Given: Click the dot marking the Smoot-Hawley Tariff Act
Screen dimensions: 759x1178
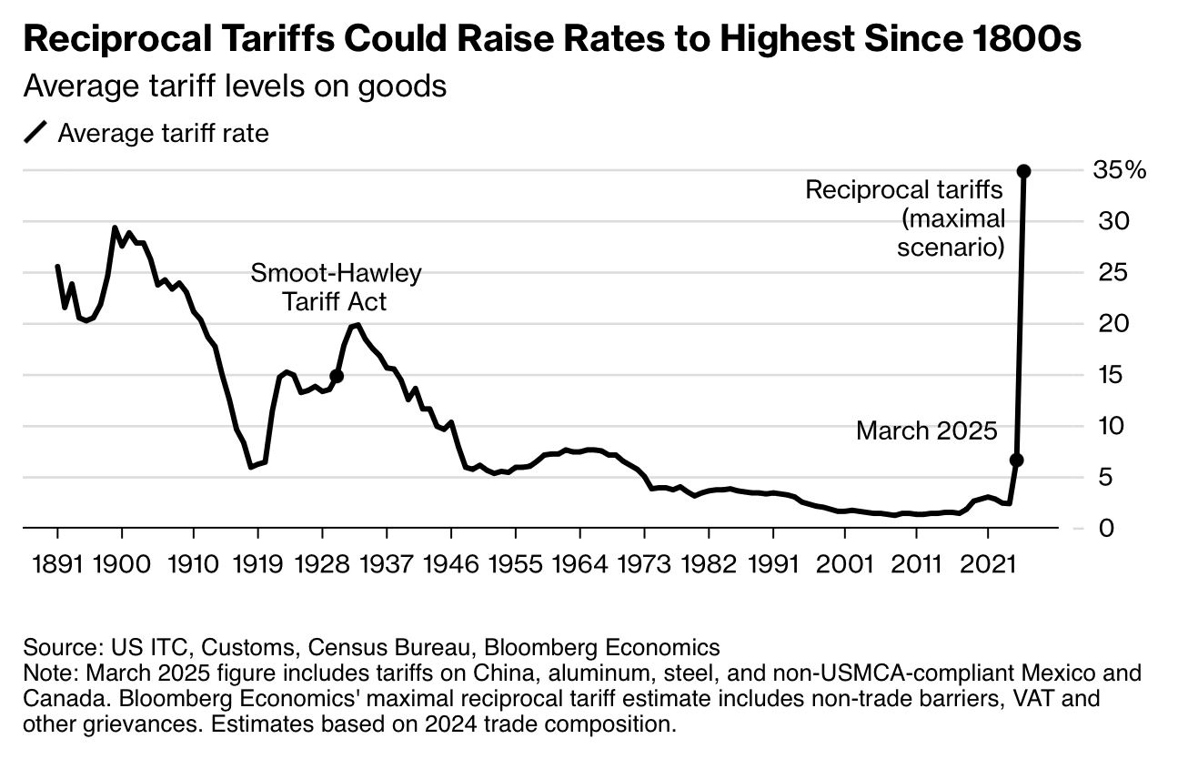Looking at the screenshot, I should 337,376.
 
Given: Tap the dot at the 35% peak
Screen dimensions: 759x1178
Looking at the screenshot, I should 1023,171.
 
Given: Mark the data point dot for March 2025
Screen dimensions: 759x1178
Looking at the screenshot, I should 1017,460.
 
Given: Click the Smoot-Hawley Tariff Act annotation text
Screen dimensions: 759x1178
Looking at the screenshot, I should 337,288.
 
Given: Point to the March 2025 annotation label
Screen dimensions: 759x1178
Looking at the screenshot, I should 927,430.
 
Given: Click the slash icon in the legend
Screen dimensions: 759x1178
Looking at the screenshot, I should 35,134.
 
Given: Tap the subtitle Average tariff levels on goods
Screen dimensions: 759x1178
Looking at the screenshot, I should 235,86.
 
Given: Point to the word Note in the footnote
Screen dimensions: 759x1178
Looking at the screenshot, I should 46,674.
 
